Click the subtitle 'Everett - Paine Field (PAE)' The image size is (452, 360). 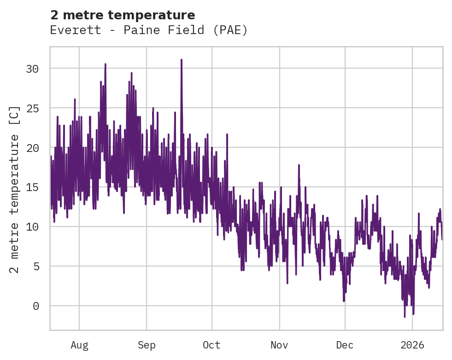[x=149, y=30]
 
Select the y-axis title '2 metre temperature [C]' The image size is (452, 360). [x=15, y=189]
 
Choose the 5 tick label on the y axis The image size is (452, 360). [x=38, y=267]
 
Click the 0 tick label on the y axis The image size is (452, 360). [x=38, y=306]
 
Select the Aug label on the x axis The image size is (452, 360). [x=79, y=345]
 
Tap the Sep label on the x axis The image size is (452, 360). [x=147, y=345]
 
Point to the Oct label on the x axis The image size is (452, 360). [x=212, y=345]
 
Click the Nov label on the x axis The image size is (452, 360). [x=279, y=345]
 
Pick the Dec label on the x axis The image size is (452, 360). [x=345, y=345]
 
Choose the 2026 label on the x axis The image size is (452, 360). [x=412, y=345]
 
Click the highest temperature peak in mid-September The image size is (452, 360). [x=182, y=60]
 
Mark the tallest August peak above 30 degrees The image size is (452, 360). [x=105, y=64]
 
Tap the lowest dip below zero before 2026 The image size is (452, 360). [x=405, y=316]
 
